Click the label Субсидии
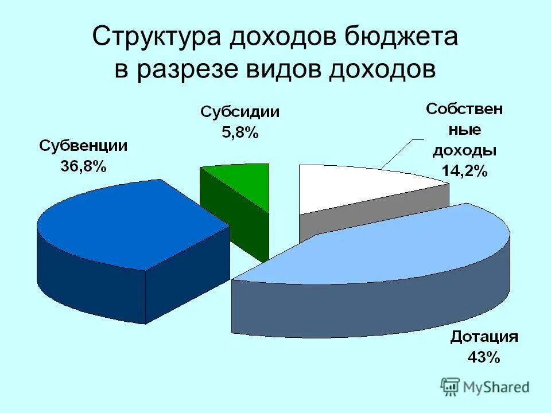(x=240, y=112)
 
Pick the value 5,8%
(x=240, y=133)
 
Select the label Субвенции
(x=83, y=146)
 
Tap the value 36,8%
(x=83, y=167)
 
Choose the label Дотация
(x=484, y=336)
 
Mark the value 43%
(x=484, y=357)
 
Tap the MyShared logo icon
(x=450, y=387)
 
